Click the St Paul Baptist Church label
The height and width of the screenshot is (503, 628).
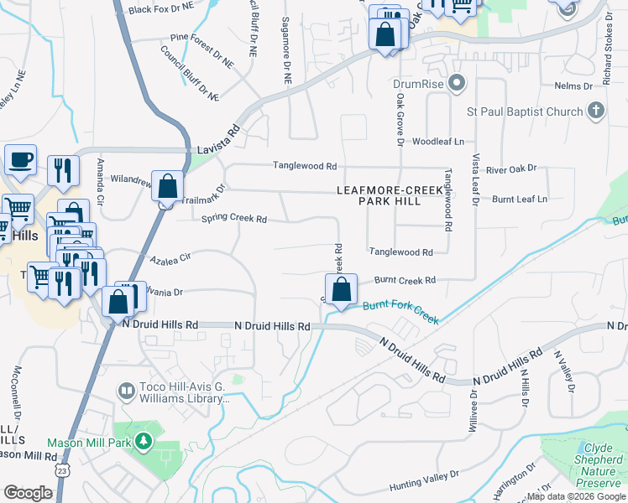[x=525, y=111]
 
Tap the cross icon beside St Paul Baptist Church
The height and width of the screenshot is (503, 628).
[x=595, y=111]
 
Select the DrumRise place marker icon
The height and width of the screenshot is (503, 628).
[x=457, y=84]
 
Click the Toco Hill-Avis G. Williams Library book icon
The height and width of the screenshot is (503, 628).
[x=126, y=392]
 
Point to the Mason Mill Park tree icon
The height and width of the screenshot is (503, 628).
[x=144, y=440]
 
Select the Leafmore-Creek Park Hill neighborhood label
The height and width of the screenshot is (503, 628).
[x=390, y=195]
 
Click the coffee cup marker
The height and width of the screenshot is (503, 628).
[x=20, y=159]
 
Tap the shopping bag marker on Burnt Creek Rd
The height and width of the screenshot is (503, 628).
[x=341, y=291]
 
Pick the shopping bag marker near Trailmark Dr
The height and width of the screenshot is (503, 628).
[x=168, y=187]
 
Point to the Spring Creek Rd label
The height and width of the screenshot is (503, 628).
[x=234, y=219]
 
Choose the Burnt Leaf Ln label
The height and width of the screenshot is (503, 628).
[x=519, y=200]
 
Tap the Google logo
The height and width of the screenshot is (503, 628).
[x=28, y=493]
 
